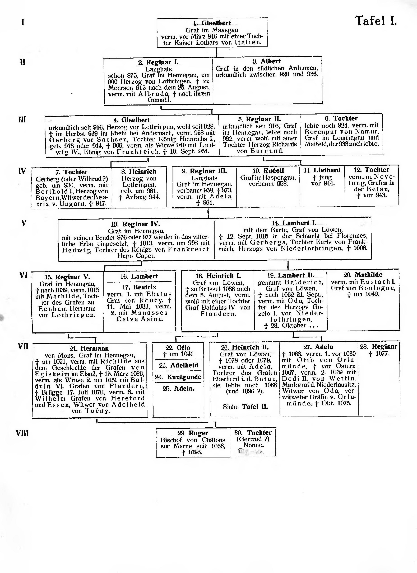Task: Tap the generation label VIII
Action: coord(22,433)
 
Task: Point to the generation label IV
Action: coord(22,171)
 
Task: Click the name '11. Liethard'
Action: coord(322,170)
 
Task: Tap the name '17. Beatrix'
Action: coord(139,287)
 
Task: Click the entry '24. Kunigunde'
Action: coord(178,377)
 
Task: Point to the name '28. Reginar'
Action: coord(379,347)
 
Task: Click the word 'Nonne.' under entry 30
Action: coord(254,445)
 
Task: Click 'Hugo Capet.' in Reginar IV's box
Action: coord(136,256)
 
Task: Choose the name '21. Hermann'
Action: coord(89,349)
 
